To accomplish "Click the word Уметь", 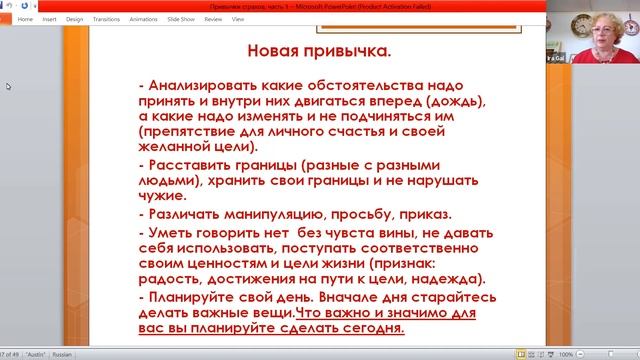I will (170, 233).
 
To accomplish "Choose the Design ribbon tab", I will (75, 19).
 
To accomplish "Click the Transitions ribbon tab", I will (106, 19).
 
